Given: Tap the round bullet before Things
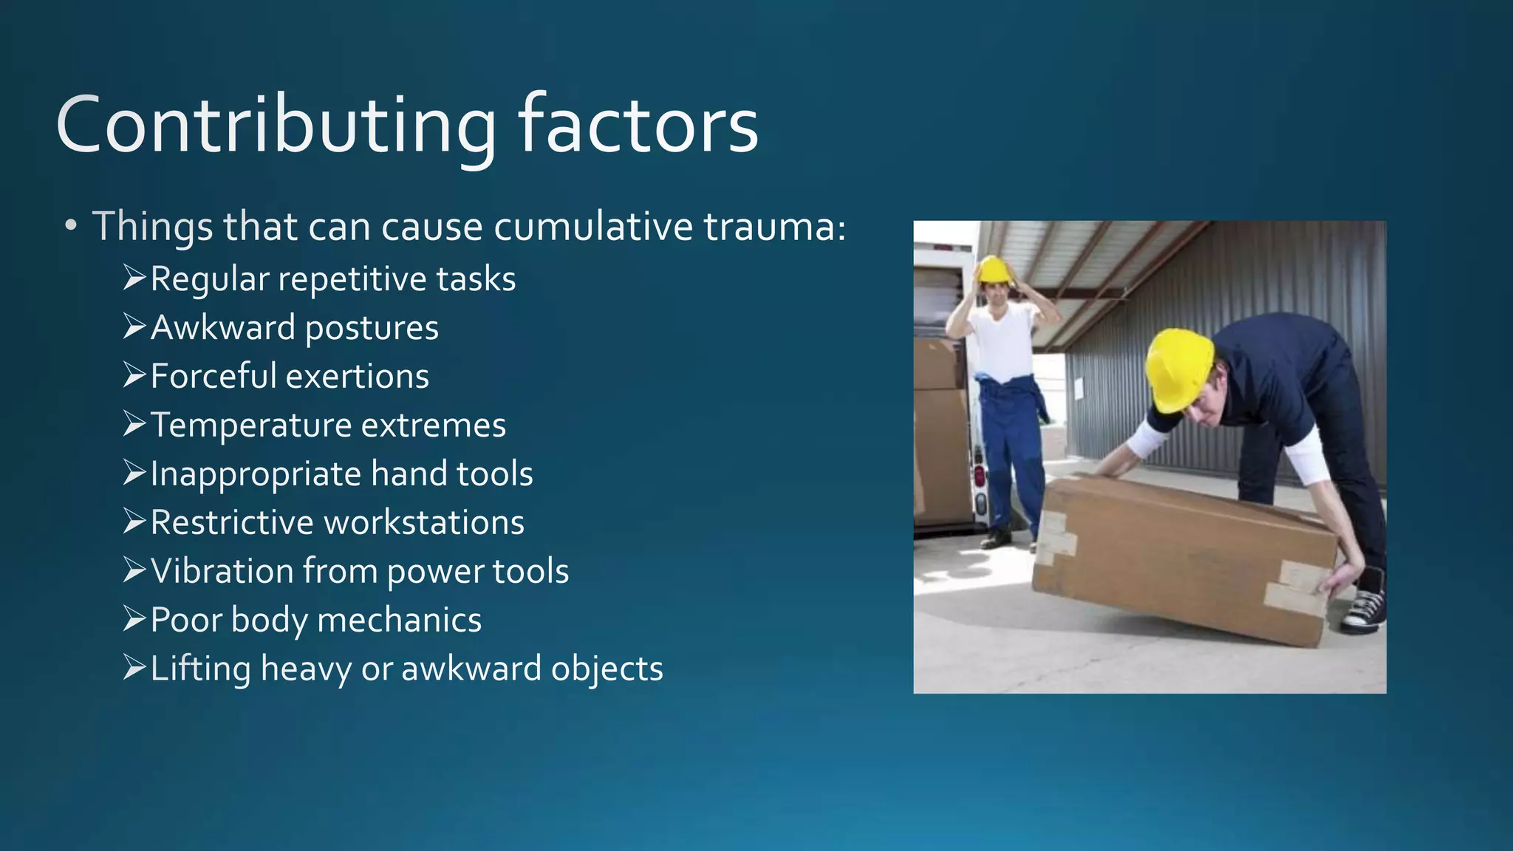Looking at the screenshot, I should coord(70,226).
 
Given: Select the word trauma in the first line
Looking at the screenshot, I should coord(773,226).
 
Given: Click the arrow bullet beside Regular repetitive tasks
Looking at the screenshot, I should coord(134,278).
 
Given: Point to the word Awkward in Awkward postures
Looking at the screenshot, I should coord(222,327).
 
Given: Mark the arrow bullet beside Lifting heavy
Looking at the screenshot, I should coord(134,668).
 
